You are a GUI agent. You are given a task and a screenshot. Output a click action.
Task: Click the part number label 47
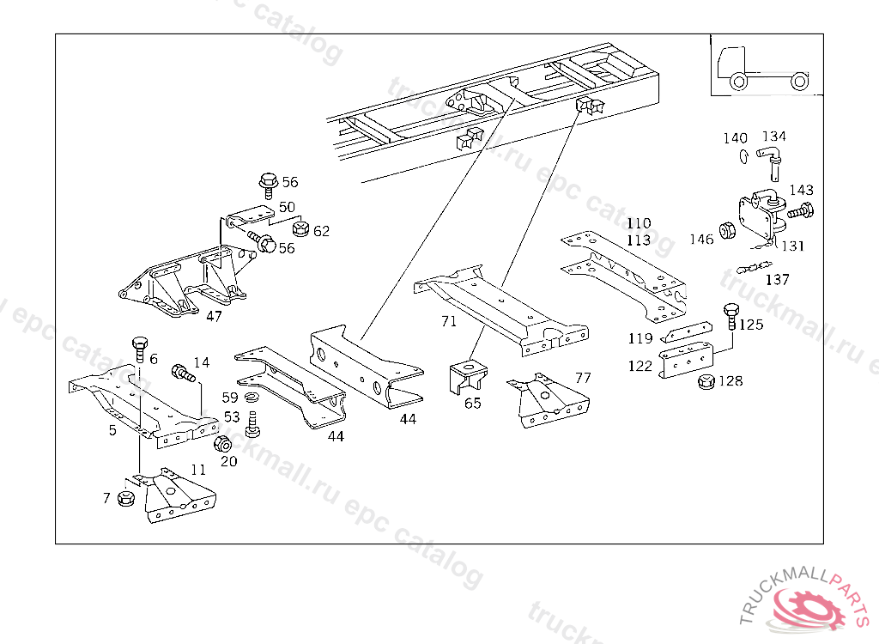pyautogui.click(x=214, y=315)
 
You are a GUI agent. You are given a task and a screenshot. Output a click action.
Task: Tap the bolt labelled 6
pyautogui.click(x=139, y=349)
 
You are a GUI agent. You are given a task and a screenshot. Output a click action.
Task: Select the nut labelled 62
pyautogui.click(x=300, y=228)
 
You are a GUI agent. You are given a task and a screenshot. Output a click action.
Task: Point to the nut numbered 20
pyautogui.click(x=221, y=444)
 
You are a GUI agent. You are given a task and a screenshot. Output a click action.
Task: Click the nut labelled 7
pyautogui.click(x=126, y=497)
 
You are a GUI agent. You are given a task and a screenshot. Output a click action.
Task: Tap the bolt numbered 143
pyautogui.click(x=802, y=209)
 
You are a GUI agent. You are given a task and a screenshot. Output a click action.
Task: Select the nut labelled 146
pyautogui.click(x=724, y=230)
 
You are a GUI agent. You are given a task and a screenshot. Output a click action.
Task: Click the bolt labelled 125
pyautogui.click(x=730, y=315)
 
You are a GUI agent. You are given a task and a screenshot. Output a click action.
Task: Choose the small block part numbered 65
pyautogui.click(x=466, y=377)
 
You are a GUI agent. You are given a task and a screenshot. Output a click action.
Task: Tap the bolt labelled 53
pyautogui.click(x=252, y=422)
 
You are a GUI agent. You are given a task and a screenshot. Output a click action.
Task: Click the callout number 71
pyautogui.click(x=449, y=322)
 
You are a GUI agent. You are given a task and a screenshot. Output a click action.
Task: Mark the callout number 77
pyautogui.click(x=583, y=378)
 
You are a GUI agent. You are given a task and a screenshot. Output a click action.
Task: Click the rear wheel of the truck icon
pyautogui.click(x=798, y=82)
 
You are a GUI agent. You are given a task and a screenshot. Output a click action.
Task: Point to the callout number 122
pyautogui.click(x=640, y=365)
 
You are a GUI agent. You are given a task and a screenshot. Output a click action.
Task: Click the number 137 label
pyautogui.click(x=777, y=280)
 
